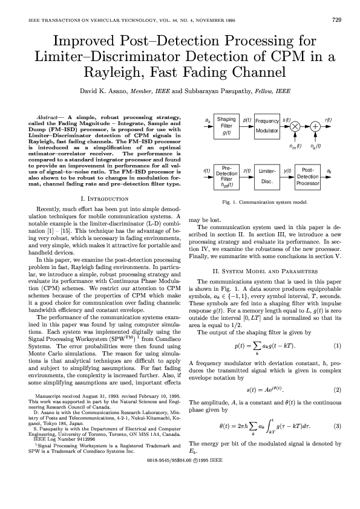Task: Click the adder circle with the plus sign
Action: tap(315, 126)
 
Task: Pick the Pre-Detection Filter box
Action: tap(226, 176)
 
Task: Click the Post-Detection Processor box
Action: tap(307, 176)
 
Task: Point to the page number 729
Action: tap(337, 19)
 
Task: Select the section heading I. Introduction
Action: tap(103, 198)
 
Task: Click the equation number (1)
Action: tap(338, 346)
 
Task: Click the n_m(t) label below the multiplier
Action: tap(295, 146)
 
